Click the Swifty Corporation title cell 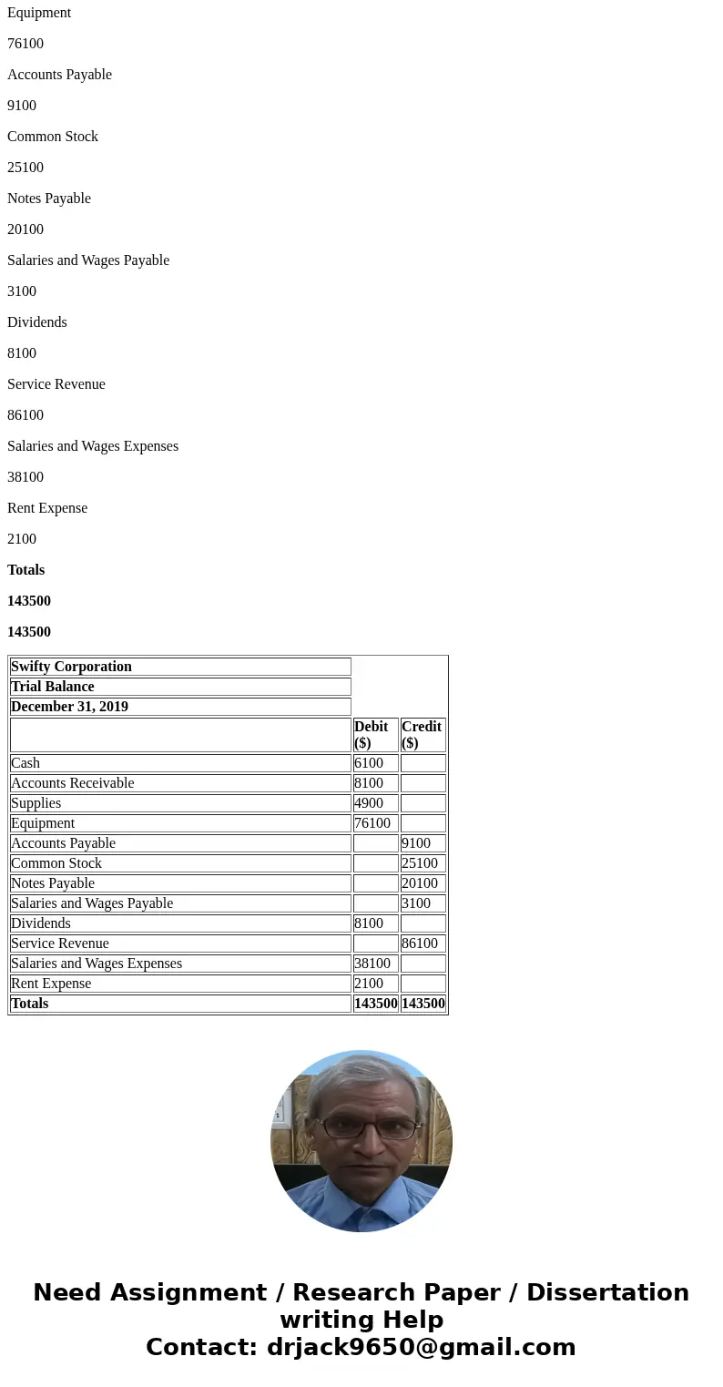coord(180,667)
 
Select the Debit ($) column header coord(375,734)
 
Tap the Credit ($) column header coord(423,734)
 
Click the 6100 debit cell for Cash coord(375,763)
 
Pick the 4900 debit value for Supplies coord(375,803)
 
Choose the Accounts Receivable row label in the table coord(180,783)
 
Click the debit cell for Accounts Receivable coord(375,783)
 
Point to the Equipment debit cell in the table coord(375,823)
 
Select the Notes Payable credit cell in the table coord(423,883)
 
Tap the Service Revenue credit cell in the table coord(423,943)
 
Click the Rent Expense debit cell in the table coord(375,984)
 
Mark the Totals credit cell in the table coord(423,1004)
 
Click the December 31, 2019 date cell coord(180,707)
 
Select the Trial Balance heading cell coord(180,687)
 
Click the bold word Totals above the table coord(25,570)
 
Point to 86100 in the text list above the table coord(25,415)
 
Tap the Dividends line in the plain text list coord(37,322)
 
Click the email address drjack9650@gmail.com coord(421,1348)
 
